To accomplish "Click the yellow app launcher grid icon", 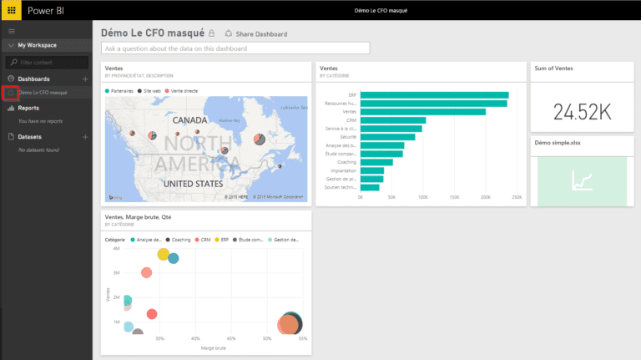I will (12, 12).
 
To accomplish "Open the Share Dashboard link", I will (256, 34).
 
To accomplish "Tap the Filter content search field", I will (48, 63).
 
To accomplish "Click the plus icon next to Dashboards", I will (84, 79).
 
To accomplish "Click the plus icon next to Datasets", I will (84, 136).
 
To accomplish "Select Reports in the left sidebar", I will (28, 108).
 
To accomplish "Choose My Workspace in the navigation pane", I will (37, 45).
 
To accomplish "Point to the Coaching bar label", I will (345, 162).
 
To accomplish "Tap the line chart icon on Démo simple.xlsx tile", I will (582, 180).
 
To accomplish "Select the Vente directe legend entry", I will (181, 89).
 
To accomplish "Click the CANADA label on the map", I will (189, 120).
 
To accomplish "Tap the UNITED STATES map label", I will (193, 183).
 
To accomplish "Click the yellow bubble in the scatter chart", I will (163, 254).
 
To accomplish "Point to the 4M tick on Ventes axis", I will (117, 249).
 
